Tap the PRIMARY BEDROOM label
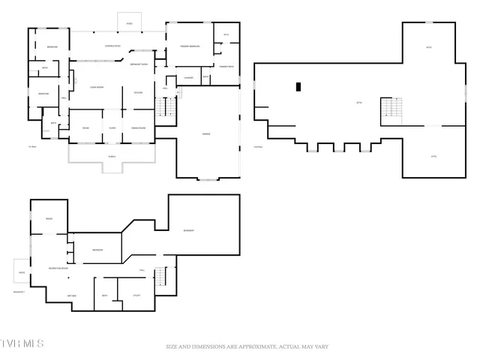(189, 46)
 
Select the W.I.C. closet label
(226, 35)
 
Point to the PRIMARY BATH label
(227, 67)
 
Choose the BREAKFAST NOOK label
(139, 64)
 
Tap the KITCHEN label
(138, 92)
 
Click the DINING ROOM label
(138, 127)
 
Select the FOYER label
(112, 127)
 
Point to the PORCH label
(112, 157)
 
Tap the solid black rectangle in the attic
(298, 87)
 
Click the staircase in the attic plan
(391, 111)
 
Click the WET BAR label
(73, 295)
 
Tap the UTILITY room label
(136, 295)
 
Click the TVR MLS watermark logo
(22, 343)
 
